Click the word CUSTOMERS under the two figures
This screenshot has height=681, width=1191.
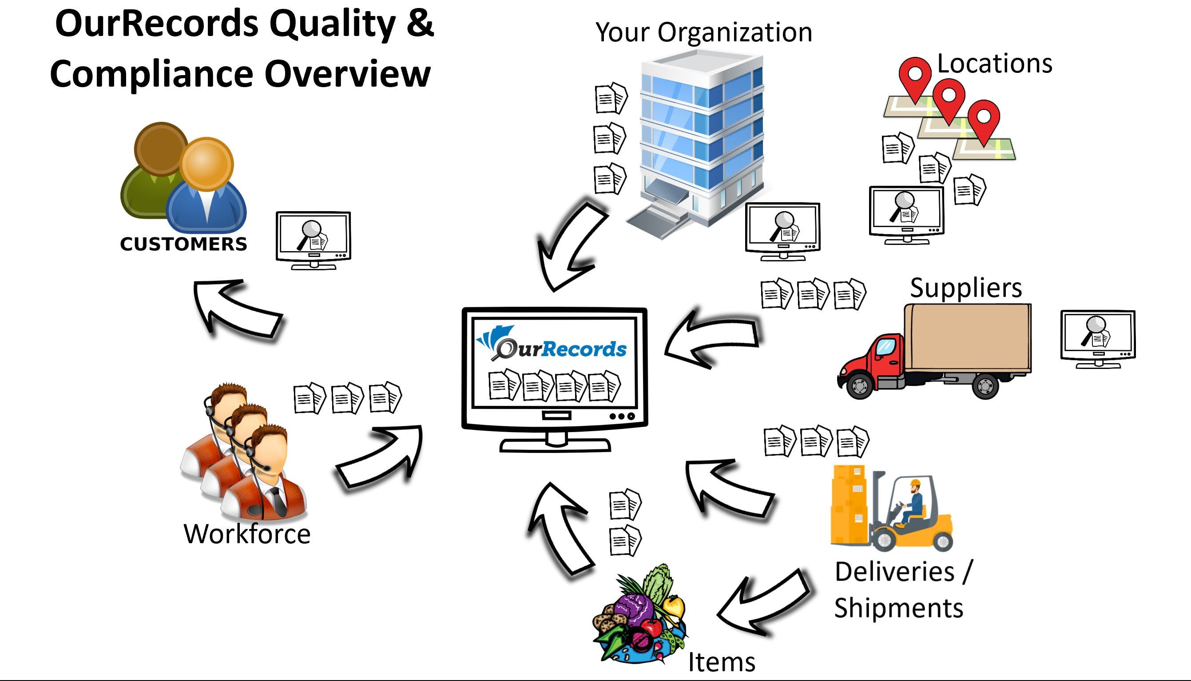tap(183, 244)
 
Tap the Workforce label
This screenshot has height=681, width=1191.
tap(247, 534)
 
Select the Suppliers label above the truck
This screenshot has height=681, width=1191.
tap(966, 288)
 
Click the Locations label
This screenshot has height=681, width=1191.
tap(994, 64)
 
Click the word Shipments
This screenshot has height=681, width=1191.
tap(898, 608)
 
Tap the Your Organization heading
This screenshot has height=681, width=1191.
tap(704, 32)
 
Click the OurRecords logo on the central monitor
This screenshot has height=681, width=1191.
tap(552, 346)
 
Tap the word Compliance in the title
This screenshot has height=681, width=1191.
tap(152, 74)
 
